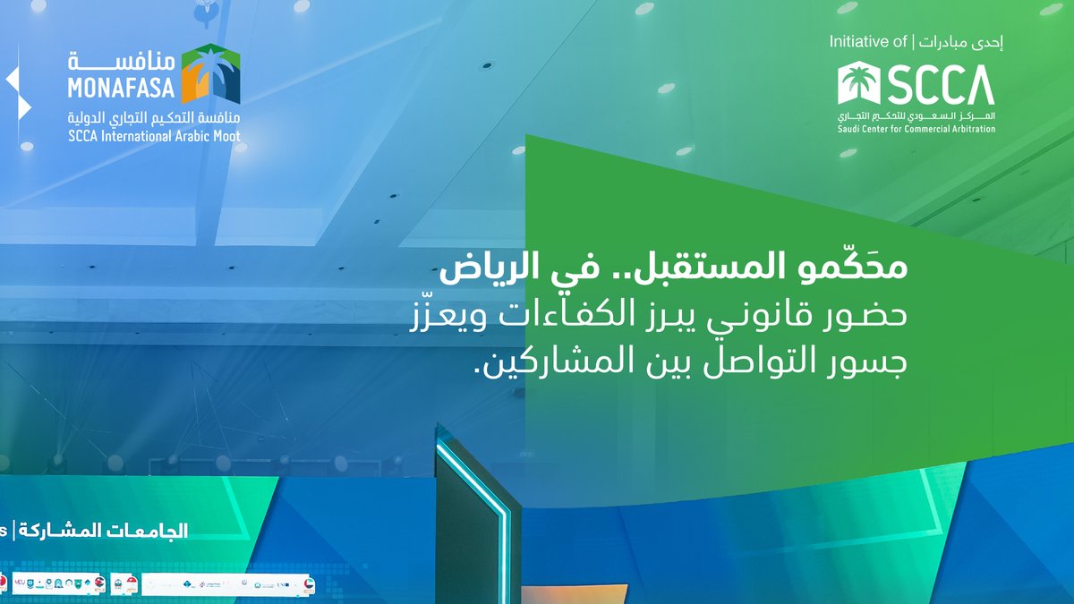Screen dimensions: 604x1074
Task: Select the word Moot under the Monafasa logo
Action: [x=224, y=136]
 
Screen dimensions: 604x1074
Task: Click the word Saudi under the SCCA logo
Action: [x=851, y=129]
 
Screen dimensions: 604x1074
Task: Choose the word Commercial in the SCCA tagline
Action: [x=916, y=129]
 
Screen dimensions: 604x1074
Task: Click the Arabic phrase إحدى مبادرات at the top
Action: [x=963, y=42]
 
